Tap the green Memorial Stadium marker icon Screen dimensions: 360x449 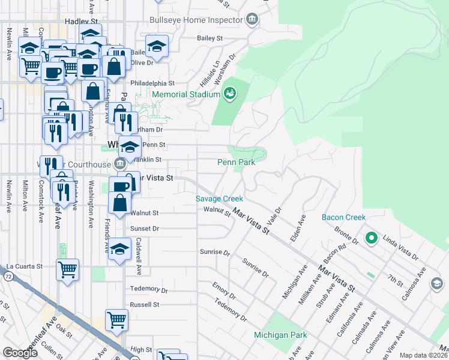[x=229, y=94]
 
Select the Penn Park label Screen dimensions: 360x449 [x=236, y=162]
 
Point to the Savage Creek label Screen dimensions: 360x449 [x=218, y=199]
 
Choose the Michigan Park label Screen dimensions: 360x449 [x=280, y=335]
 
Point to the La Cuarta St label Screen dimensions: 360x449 [x=24, y=266]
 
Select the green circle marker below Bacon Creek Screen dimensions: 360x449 [x=371, y=239]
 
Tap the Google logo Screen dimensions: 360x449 [x=20, y=353]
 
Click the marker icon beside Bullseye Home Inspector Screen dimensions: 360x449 [x=253, y=20]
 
